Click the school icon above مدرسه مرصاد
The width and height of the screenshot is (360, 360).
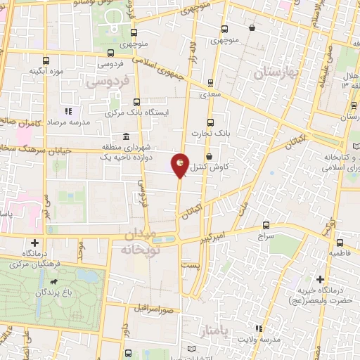pyautogui.click(x=68, y=111)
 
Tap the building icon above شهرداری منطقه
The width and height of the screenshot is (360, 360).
pyautogui.click(x=126, y=136)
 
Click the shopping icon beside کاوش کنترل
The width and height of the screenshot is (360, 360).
pyautogui.click(x=210, y=156)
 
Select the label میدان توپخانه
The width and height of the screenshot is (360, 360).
pyautogui.click(x=143, y=241)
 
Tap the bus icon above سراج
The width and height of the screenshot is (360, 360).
pyautogui.click(x=265, y=226)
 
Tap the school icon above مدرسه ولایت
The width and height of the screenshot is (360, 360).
pyautogui.click(x=259, y=328)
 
